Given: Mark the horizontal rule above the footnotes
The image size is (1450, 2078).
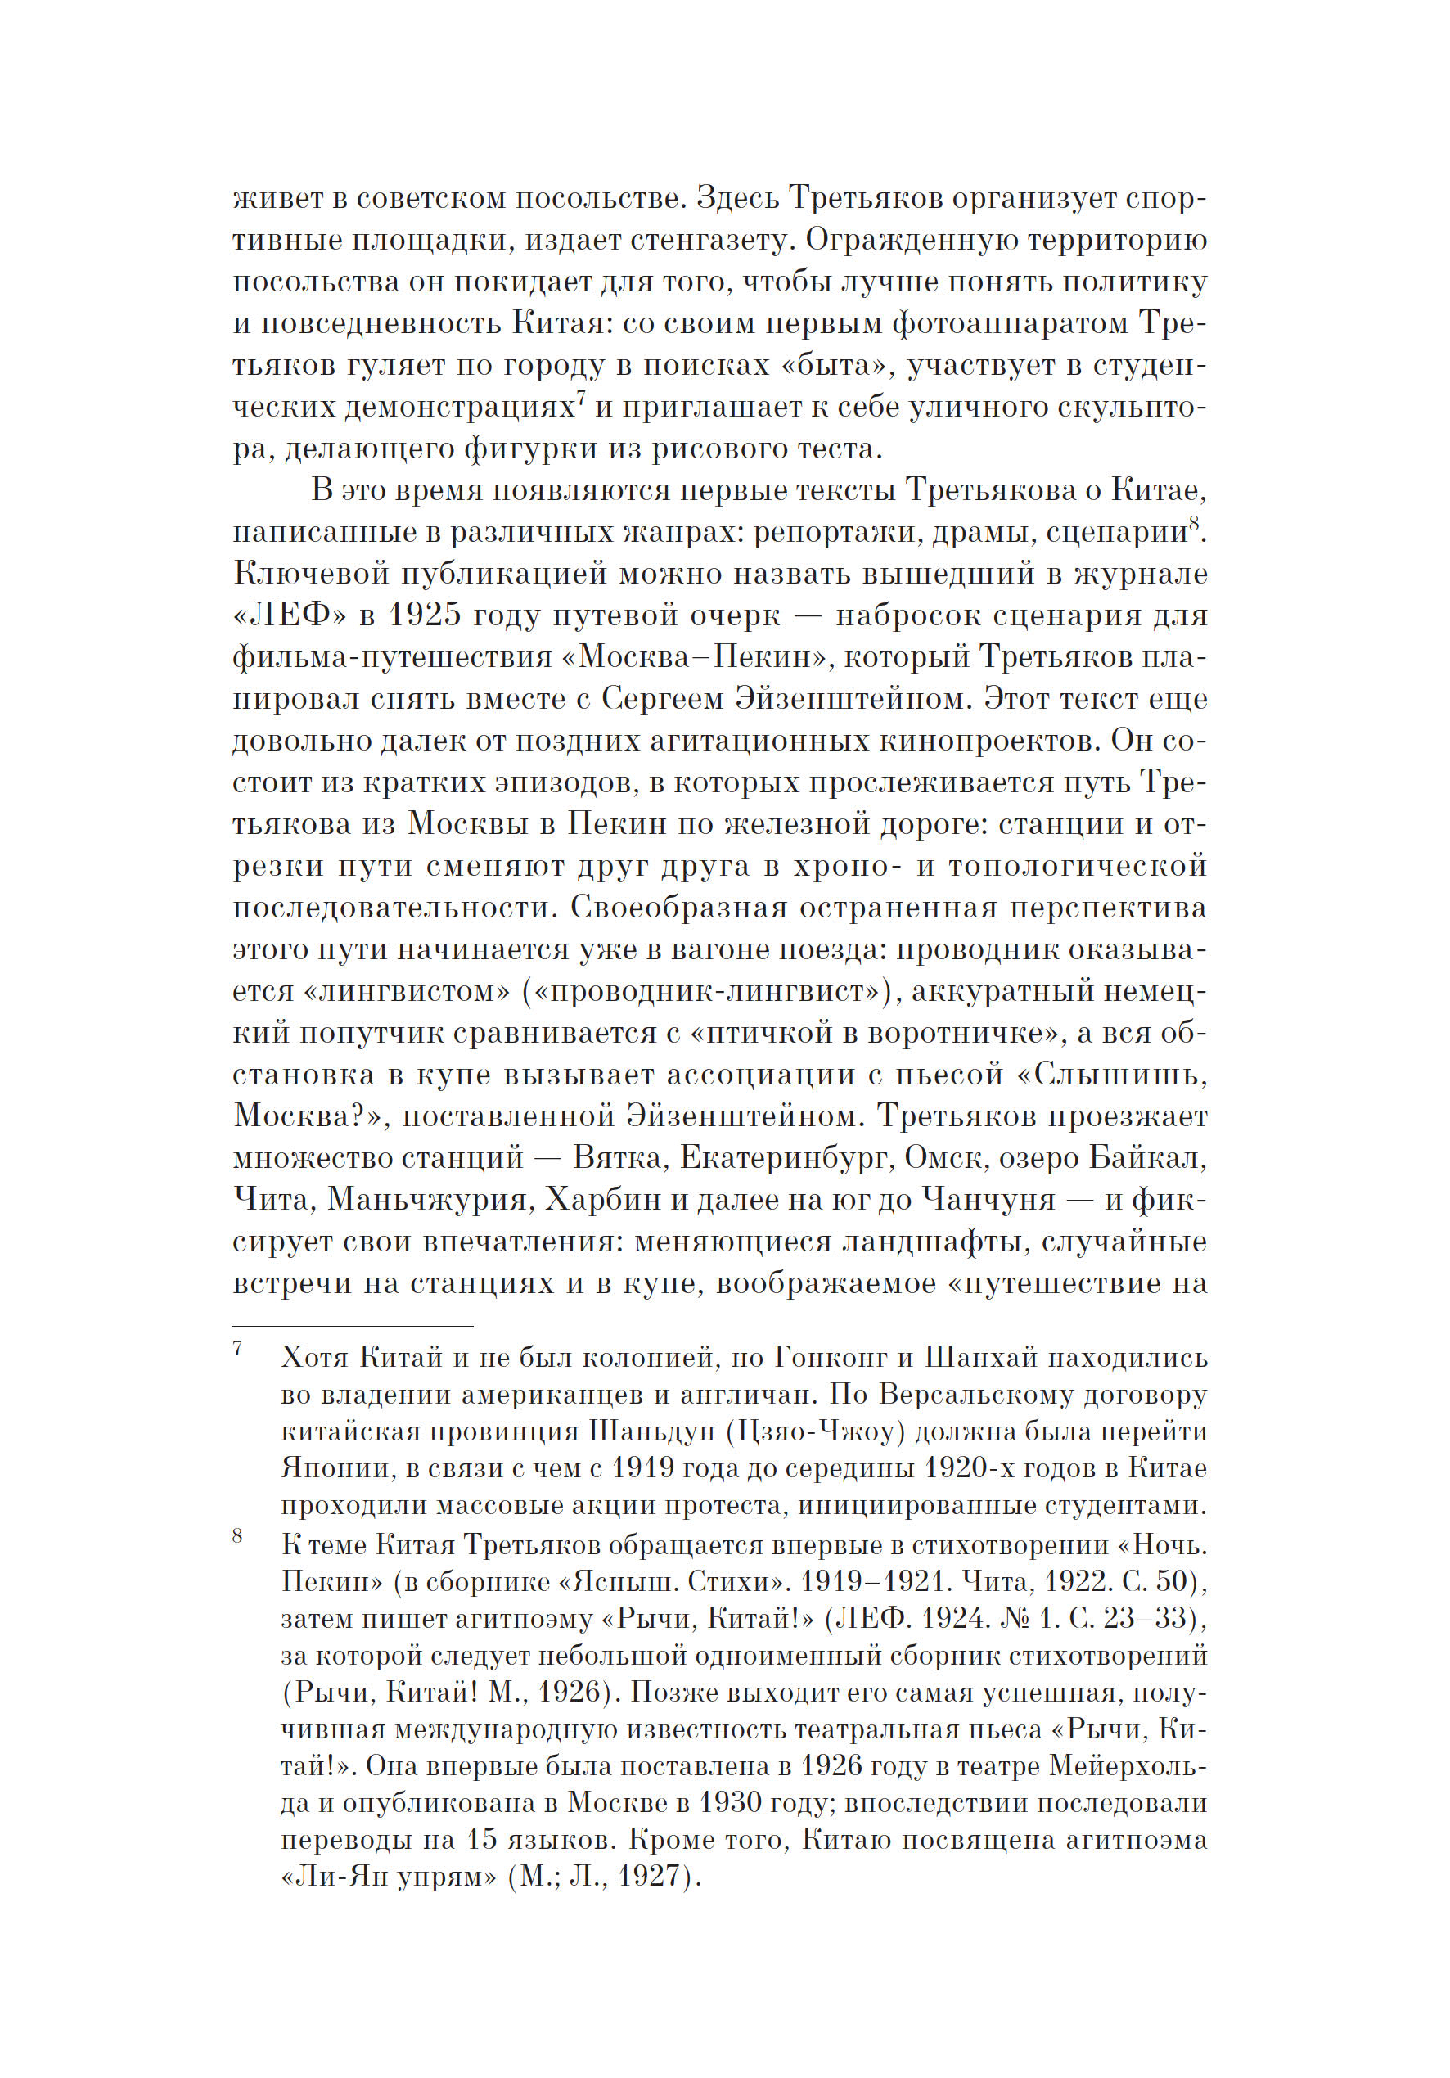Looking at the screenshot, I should coord(353,1327).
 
